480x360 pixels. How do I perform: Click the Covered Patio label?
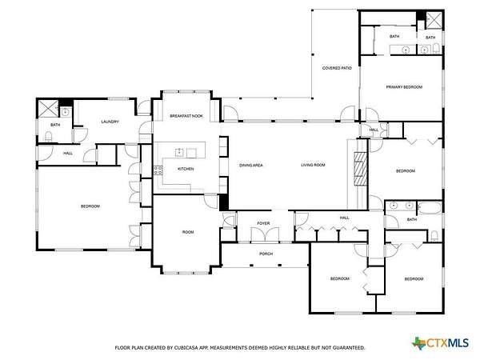pyautogui.click(x=337, y=68)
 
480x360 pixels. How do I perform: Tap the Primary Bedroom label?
pyautogui.click(x=404, y=87)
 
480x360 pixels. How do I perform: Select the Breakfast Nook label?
pyautogui.click(x=186, y=116)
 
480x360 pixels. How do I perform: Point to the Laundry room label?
pyautogui.click(x=110, y=122)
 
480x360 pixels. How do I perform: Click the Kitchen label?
pyautogui.click(x=186, y=169)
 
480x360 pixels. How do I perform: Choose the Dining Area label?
pyautogui.click(x=251, y=166)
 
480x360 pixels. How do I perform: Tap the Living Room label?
pyautogui.click(x=313, y=165)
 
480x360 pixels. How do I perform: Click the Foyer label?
pyautogui.click(x=263, y=223)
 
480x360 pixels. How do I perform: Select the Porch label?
pyautogui.click(x=266, y=254)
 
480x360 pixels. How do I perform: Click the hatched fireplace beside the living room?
pyautogui.click(x=361, y=169)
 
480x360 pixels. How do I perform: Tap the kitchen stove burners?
pyautogui.click(x=158, y=170)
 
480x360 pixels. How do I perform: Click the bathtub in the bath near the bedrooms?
pyautogui.click(x=430, y=208)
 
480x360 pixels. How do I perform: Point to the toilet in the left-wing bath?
pyautogui.click(x=48, y=136)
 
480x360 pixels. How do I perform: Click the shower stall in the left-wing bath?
pyautogui.click(x=48, y=108)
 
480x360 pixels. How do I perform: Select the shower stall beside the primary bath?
pyautogui.click(x=434, y=21)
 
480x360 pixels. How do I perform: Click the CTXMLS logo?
pyautogui.click(x=441, y=343)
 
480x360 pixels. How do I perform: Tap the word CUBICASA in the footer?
pyautogui.click(x=186, y=348)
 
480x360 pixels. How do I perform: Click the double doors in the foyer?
pyautogui.click(x=265, y=234)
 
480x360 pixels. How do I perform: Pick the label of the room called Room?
pyautogui.click(x=188, y=232)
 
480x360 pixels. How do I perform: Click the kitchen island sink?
pyautogui.click(x=179, y=152)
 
